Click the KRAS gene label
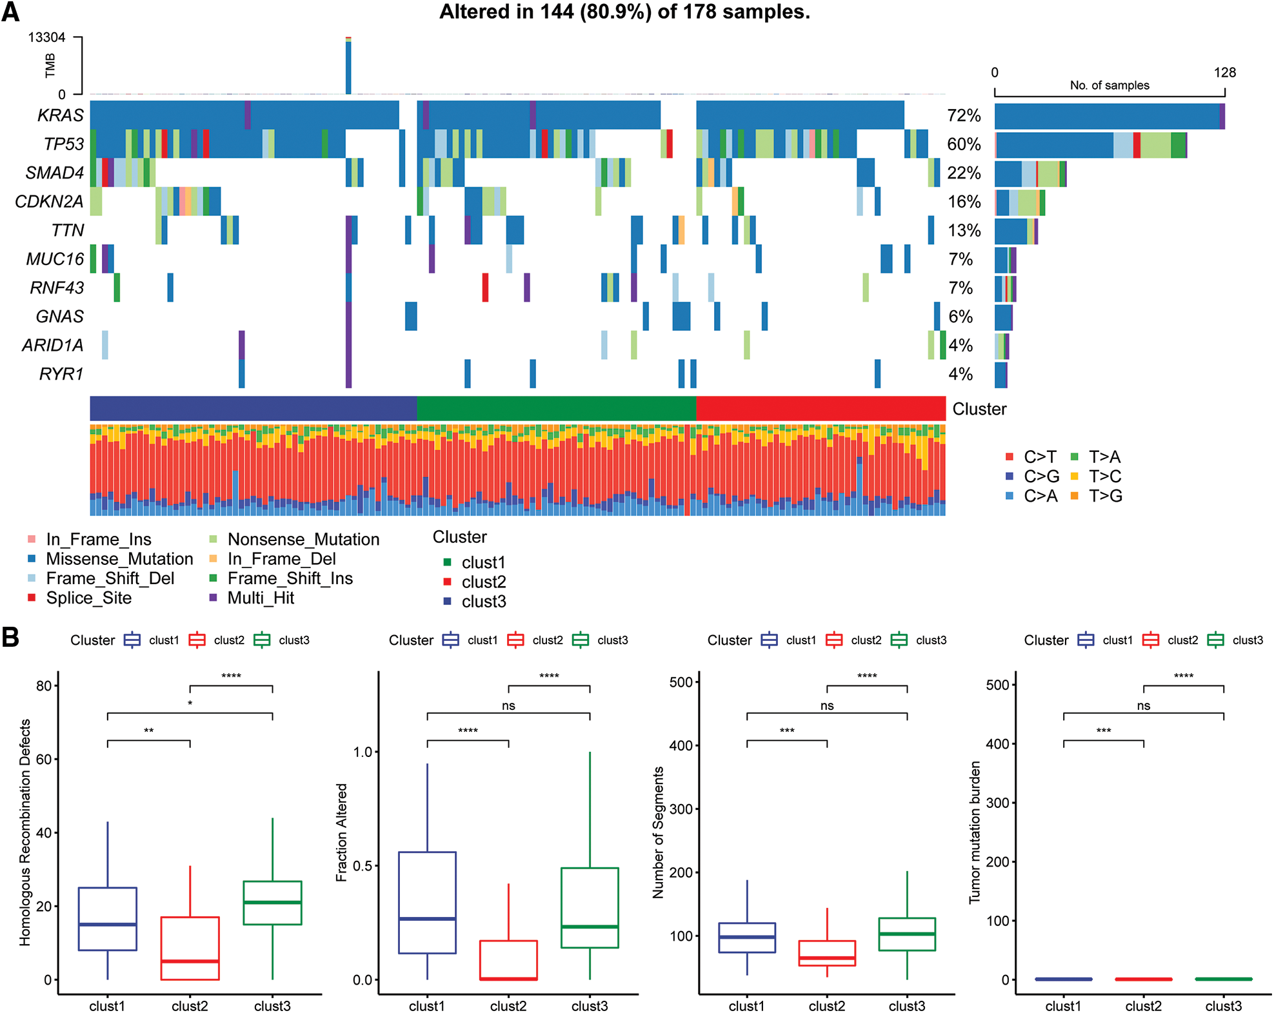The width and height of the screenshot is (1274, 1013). (x=60, y=115)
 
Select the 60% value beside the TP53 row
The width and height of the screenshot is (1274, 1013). (x=964, y=144)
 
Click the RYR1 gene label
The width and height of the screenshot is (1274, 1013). (x=61, y=374)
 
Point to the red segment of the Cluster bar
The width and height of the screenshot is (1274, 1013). (x=821, y=409)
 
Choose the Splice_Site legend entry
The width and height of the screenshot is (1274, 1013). (x=88, y=598)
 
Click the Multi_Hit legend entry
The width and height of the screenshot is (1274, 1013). (x=260, y=598)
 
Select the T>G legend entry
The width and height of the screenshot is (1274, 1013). (x=1105, y=496)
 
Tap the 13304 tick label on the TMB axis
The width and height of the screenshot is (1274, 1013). (x=46, y=37)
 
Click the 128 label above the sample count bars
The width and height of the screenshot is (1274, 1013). (x=1224, y=72)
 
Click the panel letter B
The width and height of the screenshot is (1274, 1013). (x=10, y=637)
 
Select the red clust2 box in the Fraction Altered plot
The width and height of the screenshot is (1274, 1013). (x=508, y=960)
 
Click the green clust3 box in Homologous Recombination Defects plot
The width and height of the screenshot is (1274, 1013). (x=272, y=903)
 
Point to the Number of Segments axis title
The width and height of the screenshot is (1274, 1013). (x=658, y=832)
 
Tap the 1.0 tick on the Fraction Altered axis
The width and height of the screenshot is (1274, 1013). (x=363, y=752)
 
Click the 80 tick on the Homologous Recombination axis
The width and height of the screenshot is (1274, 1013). (x=44, y=686)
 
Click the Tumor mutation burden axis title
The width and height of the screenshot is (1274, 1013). (x=975, y=832)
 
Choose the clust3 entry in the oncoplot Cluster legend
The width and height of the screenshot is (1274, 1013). (x=483, y=602)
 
